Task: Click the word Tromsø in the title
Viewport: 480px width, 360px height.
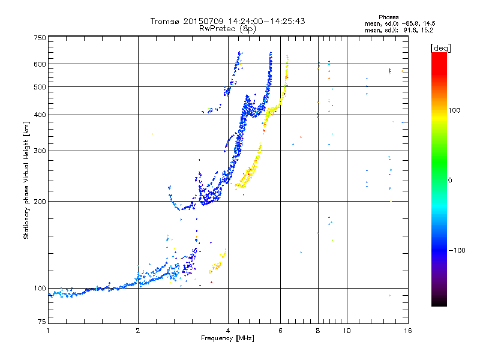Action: coord(166,21)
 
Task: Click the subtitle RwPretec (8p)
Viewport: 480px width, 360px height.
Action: coord(227,29)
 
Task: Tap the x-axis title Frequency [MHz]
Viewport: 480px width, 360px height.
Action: coord(227,338)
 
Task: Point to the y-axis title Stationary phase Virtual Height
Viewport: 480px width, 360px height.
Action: coord(26,181)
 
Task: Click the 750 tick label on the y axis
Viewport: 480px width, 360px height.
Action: coord(40,38)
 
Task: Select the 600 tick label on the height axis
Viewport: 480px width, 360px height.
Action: coord(40,64)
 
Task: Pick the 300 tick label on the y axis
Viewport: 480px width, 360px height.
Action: coord(40,151)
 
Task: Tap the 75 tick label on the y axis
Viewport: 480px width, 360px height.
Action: coord(42,322)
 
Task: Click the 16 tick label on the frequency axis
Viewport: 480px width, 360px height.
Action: coord(408,331)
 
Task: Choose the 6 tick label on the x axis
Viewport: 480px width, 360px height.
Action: coord(280,331)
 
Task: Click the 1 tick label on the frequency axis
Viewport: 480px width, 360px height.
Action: coord(48,331)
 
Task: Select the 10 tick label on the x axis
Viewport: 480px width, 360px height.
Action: coord(347,331)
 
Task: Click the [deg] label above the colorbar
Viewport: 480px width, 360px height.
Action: coord(440,48)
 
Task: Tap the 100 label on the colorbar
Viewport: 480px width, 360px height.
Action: coord(454,110)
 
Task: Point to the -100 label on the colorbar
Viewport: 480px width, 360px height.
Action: coord(457,250)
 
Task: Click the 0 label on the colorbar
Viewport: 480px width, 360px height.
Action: coord(450,181)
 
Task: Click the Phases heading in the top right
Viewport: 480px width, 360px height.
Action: coord(388,17)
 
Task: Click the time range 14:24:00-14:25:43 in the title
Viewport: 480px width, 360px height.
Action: coord(266,21)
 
